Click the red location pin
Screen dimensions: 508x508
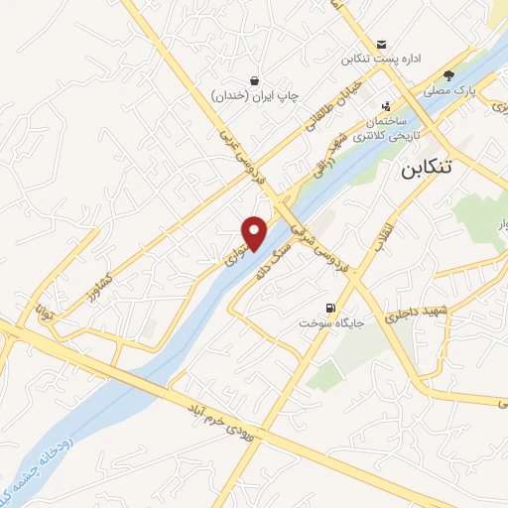pyautogui.click(x=256, y=232)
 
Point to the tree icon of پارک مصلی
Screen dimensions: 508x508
pyautogui.click(x=448, y=74)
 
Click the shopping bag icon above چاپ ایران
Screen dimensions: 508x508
pyautogui.click(x=255, y=80)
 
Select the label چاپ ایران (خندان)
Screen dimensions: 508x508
pyautogui.click(x=255, y=96)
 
